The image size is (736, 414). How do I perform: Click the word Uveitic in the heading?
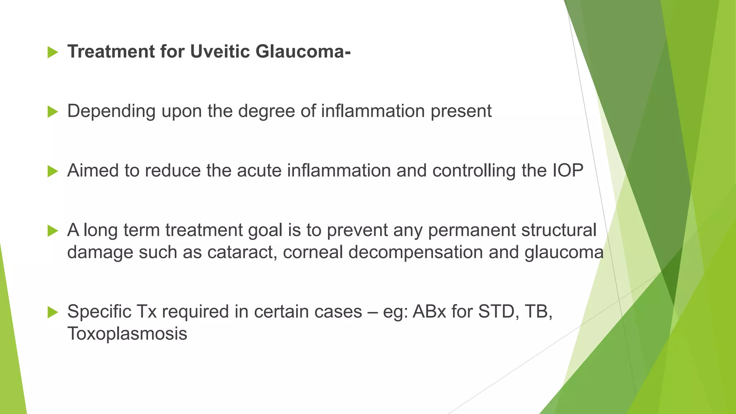220,51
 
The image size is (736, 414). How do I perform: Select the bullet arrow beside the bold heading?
52,52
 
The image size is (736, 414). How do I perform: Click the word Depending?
111,111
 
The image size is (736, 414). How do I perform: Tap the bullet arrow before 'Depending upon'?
52,112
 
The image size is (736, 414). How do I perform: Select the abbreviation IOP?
567,170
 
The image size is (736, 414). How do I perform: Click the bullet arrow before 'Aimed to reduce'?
52,171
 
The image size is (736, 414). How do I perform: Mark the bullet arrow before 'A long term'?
52,231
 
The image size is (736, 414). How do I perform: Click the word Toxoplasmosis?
127,334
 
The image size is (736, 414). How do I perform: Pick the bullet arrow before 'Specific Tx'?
52,312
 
